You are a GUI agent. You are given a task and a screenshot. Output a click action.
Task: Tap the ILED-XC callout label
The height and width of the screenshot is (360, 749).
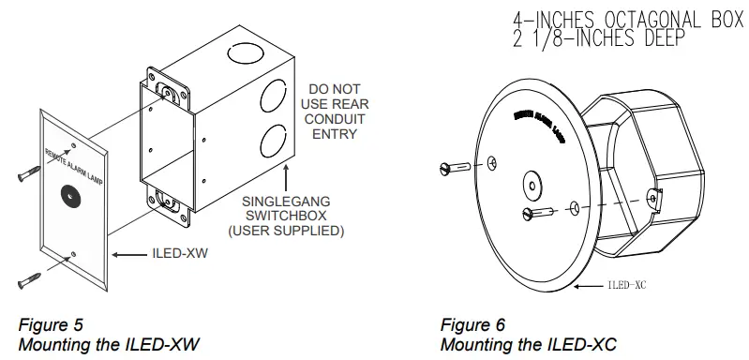(628, 285)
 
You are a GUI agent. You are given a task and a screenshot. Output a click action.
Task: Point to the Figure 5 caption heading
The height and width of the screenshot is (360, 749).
(51, 325)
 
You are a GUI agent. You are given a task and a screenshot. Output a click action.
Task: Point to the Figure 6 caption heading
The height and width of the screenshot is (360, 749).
(472, 325)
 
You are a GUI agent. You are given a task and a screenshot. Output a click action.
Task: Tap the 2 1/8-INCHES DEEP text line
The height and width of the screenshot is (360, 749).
(598, 38)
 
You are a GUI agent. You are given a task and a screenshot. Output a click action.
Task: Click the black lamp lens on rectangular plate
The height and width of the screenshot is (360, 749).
(68, 194)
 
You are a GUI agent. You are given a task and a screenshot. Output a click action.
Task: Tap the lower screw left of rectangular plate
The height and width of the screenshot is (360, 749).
(26, 278)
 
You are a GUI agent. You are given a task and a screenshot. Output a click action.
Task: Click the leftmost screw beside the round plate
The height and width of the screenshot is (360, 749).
(453, 169)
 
